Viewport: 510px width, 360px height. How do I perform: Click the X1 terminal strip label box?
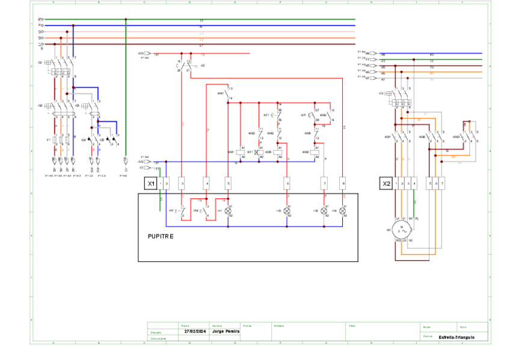point(151,183)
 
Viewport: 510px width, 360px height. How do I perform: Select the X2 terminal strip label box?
point(386,183)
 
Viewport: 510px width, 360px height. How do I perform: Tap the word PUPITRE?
point(161,236)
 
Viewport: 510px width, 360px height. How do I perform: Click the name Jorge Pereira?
point(226,331)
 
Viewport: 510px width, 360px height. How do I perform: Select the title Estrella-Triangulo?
point(456,337)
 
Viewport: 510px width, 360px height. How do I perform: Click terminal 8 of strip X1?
point(343,183)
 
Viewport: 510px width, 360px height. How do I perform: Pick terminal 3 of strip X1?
point(182,183)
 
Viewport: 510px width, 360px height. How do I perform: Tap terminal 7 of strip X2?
point(443,183)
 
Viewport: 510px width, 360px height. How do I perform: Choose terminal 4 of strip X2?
point(415,183)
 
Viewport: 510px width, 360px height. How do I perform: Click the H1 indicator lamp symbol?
point(228,211)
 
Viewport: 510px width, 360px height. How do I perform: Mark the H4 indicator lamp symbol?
point(343,211)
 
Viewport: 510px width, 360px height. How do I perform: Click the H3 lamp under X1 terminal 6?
point(287,211)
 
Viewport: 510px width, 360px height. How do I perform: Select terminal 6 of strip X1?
point(287,183)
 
